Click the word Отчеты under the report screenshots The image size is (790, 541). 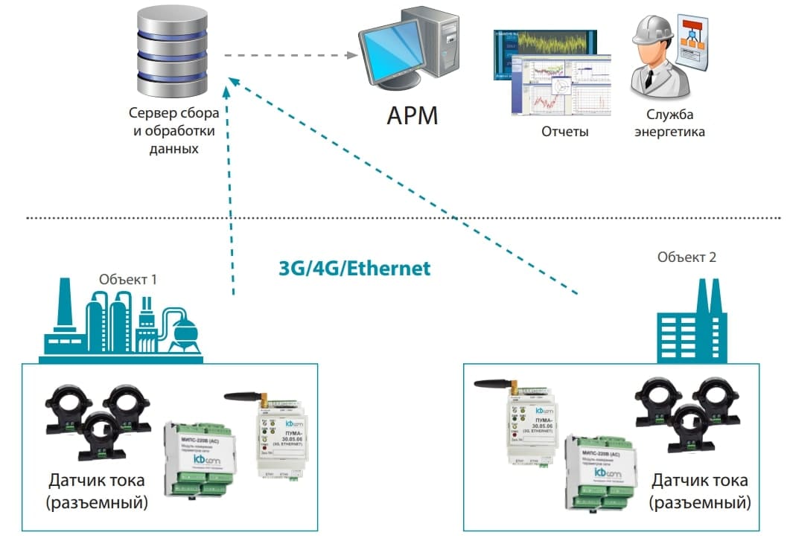(x=564, y=132)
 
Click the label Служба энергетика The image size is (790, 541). (x=668, y=124)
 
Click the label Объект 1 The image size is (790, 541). (x=128, y=281)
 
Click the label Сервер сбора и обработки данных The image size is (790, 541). (x=173, y=131)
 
